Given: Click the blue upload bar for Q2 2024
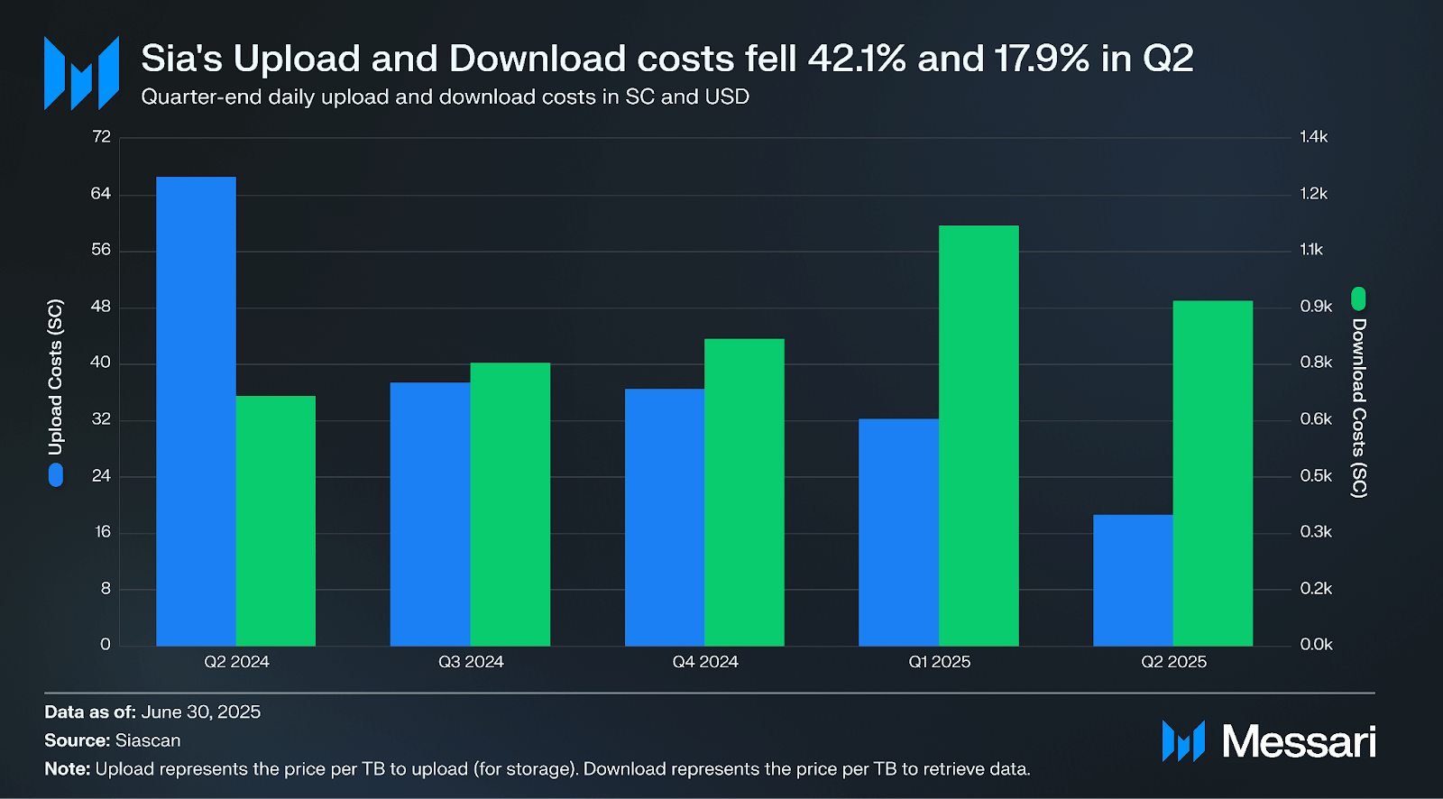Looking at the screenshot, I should point(196,410).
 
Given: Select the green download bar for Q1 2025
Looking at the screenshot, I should point(979,436).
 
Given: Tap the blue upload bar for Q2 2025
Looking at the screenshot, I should point(1133,580).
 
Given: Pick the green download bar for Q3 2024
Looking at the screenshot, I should point(510,504).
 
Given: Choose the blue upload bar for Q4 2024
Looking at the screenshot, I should point(665,517).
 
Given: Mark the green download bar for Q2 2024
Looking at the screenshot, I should point(275,520).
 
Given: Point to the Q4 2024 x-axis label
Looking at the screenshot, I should point(705,662).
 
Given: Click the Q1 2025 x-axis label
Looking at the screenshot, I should point(939,662).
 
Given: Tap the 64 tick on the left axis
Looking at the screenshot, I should point(101,194).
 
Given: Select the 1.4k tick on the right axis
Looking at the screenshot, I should point(1313,137).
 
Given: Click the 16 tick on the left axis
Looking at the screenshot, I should point(103,532).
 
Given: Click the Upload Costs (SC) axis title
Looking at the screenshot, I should point(56,377).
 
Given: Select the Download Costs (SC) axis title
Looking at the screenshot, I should point(1359,408).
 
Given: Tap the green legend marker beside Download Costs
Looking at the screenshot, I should point(1358,298).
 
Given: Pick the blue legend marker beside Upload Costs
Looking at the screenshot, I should point(56,475).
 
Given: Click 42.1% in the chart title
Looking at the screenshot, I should point(857,59).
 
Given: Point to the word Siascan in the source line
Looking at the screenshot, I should point(148,740).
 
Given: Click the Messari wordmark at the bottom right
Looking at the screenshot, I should point(1298,741).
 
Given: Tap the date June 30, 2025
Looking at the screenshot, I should point(201,712).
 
